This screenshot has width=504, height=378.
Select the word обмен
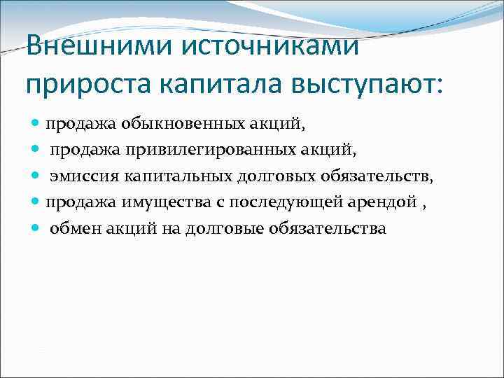coord(74,229)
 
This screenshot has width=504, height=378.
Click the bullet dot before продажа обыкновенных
coord(36,125)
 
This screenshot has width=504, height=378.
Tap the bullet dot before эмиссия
coord(36,177)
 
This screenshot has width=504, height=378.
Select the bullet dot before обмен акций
coord(36,229)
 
